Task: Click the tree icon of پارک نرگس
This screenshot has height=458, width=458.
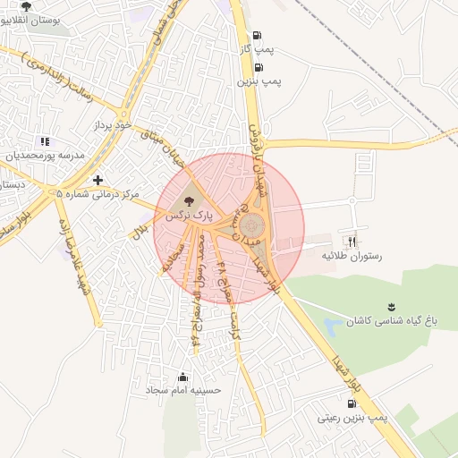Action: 188,201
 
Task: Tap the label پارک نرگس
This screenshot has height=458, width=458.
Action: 190,216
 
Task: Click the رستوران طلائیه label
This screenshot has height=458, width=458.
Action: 352,256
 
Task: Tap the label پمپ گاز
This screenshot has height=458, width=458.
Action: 259,47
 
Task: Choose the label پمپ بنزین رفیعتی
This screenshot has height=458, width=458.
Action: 352,418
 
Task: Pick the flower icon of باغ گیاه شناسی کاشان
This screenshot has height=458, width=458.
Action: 390,307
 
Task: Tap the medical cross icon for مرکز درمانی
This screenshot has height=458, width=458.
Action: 98,180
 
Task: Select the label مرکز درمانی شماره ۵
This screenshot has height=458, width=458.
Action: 98,193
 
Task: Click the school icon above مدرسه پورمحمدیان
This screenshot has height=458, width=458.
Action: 45,141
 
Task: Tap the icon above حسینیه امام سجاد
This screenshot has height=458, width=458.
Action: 183,377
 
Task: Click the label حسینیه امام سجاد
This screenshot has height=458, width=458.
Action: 183,391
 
